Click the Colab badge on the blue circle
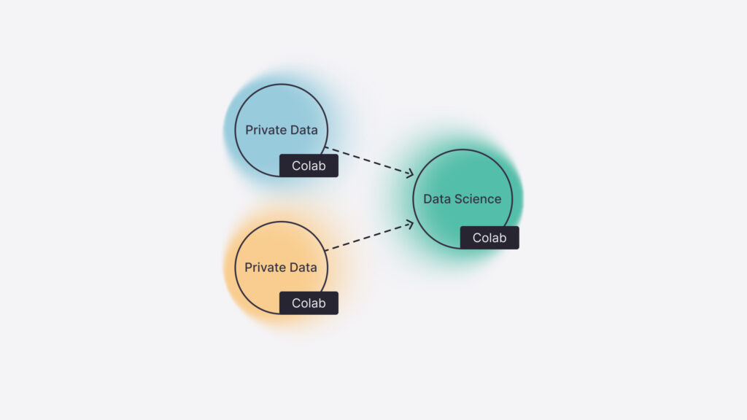click(309, 166)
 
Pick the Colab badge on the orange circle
click(309, 303)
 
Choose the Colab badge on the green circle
click(489, 238)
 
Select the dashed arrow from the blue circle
click(368, 161)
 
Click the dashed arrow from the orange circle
click(368, 236)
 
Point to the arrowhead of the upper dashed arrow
click(411, 174)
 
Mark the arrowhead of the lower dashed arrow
click(411, 223)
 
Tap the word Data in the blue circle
click(303, 131)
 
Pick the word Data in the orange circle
click(302, 268)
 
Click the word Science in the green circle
click(479, 198)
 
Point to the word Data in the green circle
click(438, 198)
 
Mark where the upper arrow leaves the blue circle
click(325, 148)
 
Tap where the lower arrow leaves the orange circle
click(325, 249)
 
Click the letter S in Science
click(460, 198)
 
